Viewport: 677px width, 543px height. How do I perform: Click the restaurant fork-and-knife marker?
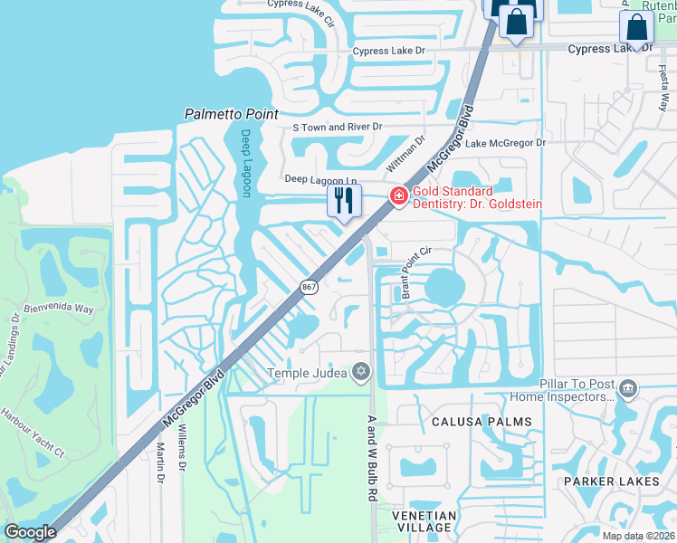[x=343, y=200]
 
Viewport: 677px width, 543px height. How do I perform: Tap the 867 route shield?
[x=309, y=286]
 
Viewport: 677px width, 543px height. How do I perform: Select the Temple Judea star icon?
[x=361, y=372]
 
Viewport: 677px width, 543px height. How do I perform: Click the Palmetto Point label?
[x=230, y=114]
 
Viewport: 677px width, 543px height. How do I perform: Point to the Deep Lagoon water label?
[x=245, y=163]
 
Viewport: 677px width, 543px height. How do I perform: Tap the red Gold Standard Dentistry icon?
[x=396, y=196]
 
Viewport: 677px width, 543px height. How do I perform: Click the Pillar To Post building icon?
[x=627, y=390]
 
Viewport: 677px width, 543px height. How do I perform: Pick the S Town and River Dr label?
[x=338, y=128]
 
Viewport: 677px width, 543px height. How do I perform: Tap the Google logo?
[x=30, y=532]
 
